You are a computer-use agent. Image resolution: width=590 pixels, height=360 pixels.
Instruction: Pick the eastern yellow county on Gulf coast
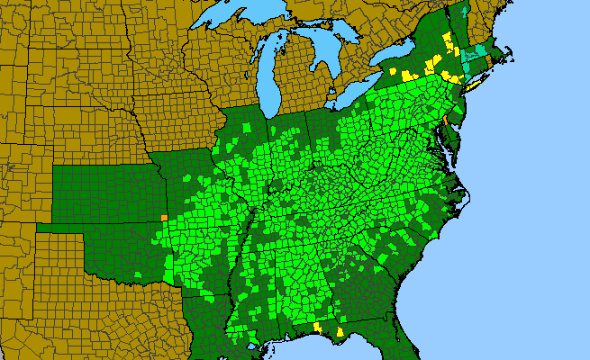340,332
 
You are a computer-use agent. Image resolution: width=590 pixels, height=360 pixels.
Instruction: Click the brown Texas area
90,306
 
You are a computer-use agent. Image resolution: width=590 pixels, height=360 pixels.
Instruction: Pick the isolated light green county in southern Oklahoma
140,273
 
